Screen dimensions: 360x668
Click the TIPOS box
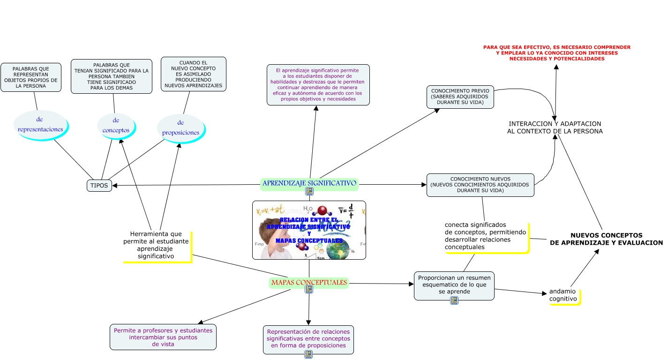(99, 186)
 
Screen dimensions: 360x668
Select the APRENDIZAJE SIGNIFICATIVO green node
(309, 183)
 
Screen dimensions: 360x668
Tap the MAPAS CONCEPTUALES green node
(309, 283)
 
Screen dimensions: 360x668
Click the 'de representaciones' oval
(40, 125)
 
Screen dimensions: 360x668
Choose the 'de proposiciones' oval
(180, 128)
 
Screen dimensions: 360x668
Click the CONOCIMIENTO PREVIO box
(460, 97)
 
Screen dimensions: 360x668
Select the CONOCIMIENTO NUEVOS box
(480, 185)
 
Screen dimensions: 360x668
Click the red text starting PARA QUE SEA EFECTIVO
(556, 53)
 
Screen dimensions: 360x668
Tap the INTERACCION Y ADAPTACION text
(555, 127)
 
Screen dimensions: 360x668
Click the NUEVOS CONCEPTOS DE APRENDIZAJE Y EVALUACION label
(606, 239)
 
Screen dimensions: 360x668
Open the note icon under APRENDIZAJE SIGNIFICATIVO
(309, 191)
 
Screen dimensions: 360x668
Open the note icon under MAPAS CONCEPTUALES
(308, 290)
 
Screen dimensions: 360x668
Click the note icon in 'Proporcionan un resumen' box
(454, 300)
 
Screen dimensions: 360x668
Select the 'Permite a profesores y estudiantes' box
(163, 337)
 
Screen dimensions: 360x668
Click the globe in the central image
(338, 249)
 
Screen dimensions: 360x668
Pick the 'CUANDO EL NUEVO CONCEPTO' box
(193, 74)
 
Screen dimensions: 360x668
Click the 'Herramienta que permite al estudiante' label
(156, 245)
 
